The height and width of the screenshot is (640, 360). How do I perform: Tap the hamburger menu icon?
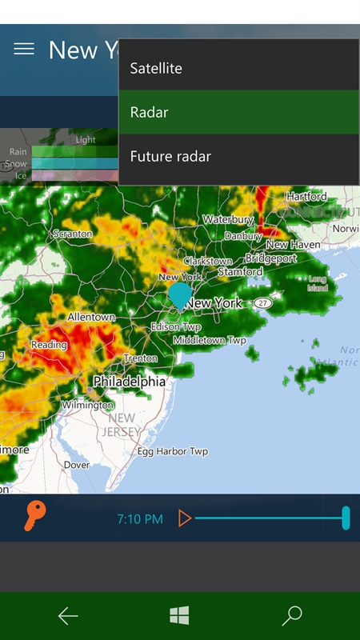tap(24, 50)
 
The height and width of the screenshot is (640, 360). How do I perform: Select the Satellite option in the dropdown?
tap(156, 69)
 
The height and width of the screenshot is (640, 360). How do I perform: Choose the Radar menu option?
tap(150, 113)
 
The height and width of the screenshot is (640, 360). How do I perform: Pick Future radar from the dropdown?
tap(170, 157)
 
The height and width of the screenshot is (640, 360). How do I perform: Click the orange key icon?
tap(34, 517)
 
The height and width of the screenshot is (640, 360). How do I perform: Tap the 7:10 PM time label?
tap(140, 519)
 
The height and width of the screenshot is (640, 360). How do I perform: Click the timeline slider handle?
tap(346, 518)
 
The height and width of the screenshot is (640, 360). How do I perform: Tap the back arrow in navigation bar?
tap(68, 615)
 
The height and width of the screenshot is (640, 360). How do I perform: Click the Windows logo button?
tap(179, 615)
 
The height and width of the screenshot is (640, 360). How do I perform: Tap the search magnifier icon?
tap(292, 615)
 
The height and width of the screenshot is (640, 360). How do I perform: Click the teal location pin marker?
tap(181, 294)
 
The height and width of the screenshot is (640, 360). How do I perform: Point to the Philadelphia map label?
tap(130, 382)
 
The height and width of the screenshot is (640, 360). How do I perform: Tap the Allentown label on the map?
tap(91, 318)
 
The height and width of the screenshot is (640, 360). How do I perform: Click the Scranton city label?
tap(73, 234)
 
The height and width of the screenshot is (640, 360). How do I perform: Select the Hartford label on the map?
tap(306, 196)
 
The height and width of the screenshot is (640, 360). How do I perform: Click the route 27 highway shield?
tap(264, 304)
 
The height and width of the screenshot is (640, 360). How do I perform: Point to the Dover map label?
tap(77, 465)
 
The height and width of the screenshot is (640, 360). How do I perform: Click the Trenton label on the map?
tap(141, 358)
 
